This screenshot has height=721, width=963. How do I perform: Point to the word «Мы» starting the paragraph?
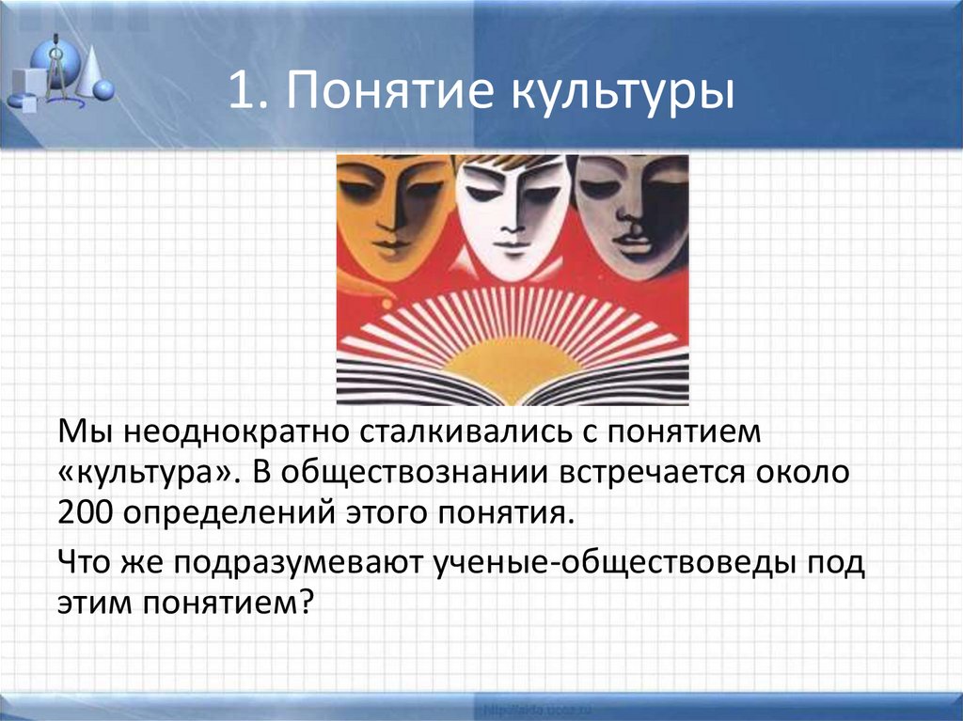[x=78, y=431]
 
